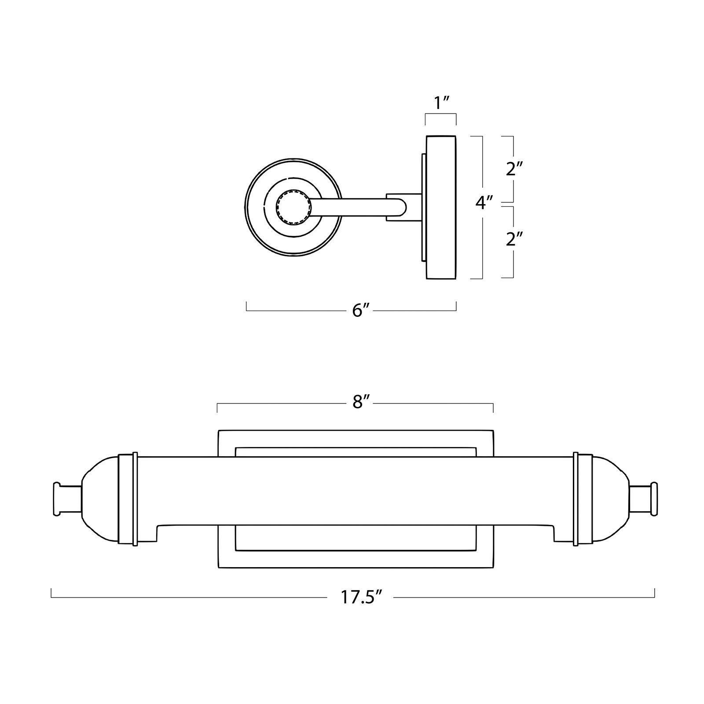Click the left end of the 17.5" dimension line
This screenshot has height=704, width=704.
pyautogui.click(x=52, y=597)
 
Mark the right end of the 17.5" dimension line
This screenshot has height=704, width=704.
pyautogui.click(x=655, y=597)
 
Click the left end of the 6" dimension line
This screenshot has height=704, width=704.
pyautogui.click(x=246, y=311)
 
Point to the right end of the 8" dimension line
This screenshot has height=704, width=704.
pyautogui.click(x=493, y=403)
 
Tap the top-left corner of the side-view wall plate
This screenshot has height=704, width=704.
pyautogui.click(x=426, y=136)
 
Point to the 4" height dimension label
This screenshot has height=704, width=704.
pyautogui.click(x=484, y=203)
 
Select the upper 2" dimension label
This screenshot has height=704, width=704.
pyautogui.click(x=514, y=169)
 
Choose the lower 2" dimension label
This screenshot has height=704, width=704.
pyautogui.click(x=514, y=239)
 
